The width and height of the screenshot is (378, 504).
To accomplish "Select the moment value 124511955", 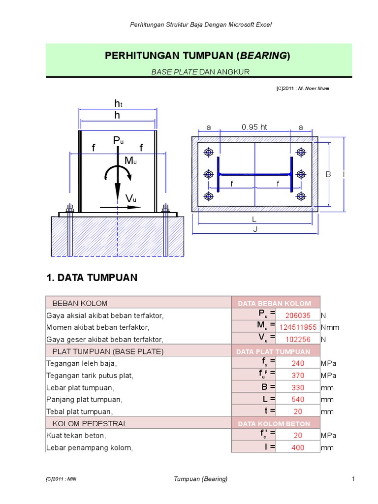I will click(x=298, y=327).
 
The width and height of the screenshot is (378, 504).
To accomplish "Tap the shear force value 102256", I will click(x=298, y=340).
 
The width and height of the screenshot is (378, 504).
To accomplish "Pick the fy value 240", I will click(x=298, y=363).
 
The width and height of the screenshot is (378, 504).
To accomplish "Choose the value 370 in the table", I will click(x=298, y=376).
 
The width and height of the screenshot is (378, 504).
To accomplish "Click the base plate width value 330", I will click(x=298, y=387).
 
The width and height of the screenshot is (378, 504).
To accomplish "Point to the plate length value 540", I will click(x=298, y=400).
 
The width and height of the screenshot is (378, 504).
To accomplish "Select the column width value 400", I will click(x=298, y=447).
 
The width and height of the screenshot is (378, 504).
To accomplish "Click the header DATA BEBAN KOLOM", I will click(x=275, y=303).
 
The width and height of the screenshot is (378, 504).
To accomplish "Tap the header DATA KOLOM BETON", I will click(x=274, y=423).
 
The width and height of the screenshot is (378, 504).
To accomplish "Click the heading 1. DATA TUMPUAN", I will click(x=92, y=278).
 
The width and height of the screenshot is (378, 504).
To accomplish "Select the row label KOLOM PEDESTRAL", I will click(x=90, y=423).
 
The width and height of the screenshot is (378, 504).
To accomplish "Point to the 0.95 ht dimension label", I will click(x=254, y=127).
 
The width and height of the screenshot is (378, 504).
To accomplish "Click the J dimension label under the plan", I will click(x=254, y=229).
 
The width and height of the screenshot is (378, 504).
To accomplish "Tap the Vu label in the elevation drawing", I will click(x=130, y=198).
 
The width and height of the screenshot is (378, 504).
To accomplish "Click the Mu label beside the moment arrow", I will click(x=130, y=160).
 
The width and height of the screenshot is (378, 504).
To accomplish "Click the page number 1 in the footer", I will click(x=353, y=478).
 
